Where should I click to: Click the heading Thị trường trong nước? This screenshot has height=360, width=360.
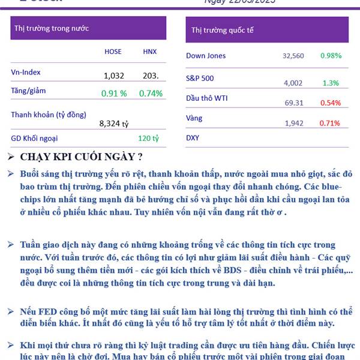pyautogui.click(x=52, y=28)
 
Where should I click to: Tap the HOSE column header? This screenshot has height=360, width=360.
pyautogui.click(x=113, y=52)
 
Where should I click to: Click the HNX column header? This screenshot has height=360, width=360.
pyautogui.click(x=149, y=52)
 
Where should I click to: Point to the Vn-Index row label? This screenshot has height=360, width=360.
pyautogui.click(x=26, y=72)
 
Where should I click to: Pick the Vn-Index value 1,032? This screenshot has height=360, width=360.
pyautogui.click(x=113, y=76)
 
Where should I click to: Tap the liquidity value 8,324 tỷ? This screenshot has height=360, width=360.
pyautogui.click(x=114, y=124)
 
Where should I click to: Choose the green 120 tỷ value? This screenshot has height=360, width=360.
pyautogui.click(x=148, y=138)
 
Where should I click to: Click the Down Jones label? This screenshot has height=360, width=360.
pyautogui.click(x=206, y=56)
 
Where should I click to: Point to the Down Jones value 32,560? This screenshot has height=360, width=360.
pyautogui.click(x=293, y=56)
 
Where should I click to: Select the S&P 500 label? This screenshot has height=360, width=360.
pyautogui.click(x=200, y=78)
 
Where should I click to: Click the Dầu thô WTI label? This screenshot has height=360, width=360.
pyautogui.click(x=207, y=98)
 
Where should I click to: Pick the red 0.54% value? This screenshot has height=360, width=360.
pyautogui.click(x=331, y=103)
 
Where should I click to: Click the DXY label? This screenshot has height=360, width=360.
pyautogui.click(x=193, y=138)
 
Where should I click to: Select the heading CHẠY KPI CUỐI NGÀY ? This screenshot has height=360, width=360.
pyautogui.click(x=81, y=157)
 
